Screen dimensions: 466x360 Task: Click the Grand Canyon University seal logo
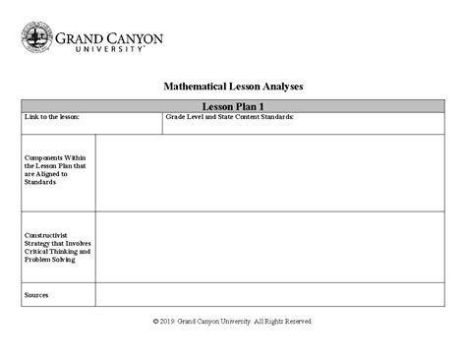pos(36,39)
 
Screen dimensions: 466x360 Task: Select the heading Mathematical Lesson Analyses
pos(233,87)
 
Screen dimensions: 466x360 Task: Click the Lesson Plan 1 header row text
pos(232,105)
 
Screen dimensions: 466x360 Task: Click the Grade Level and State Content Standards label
pos(229,117)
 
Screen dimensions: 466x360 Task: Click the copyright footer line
pos(233,321)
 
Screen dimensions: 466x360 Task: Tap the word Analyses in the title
pos(279,87)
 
